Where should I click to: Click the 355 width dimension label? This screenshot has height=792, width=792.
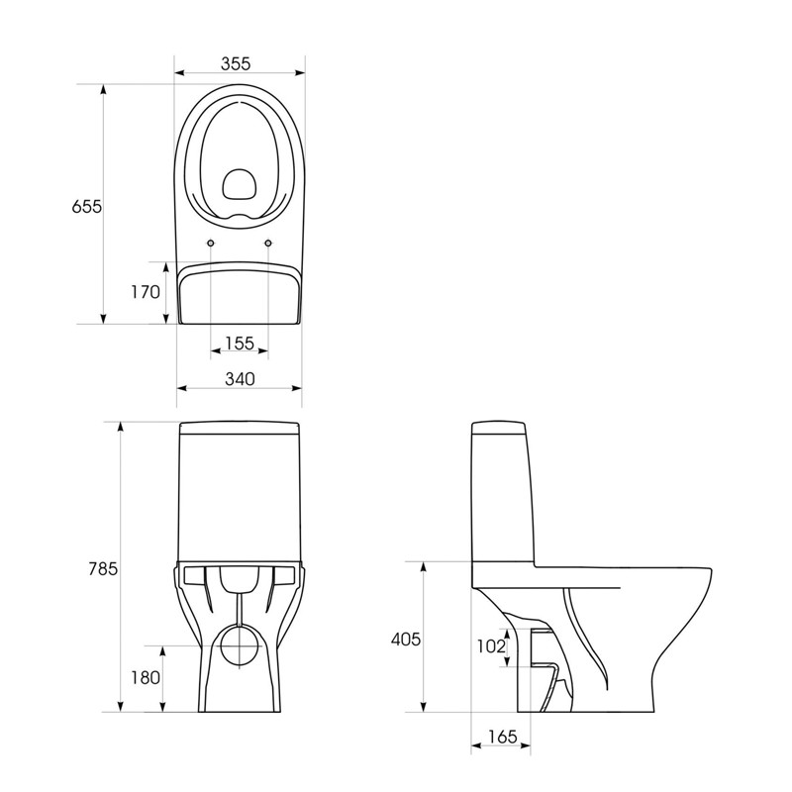[x=236, y=64]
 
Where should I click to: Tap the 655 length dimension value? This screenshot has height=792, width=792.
[x=87, y=207]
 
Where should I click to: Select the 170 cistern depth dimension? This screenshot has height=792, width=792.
[x=146, y=292]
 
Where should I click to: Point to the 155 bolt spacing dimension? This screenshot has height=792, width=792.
[x=240, y=344]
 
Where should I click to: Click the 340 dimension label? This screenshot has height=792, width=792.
[x=240, y=379]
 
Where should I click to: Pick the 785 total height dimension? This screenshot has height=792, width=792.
[x=103, y=568]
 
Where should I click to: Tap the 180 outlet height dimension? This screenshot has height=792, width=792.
[x=146, y=678]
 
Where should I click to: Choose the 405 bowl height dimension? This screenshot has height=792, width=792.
[x=406, y=640]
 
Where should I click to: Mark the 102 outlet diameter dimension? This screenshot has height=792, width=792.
[x=491, y=646]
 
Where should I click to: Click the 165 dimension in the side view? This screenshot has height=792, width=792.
[x=503, y=737]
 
